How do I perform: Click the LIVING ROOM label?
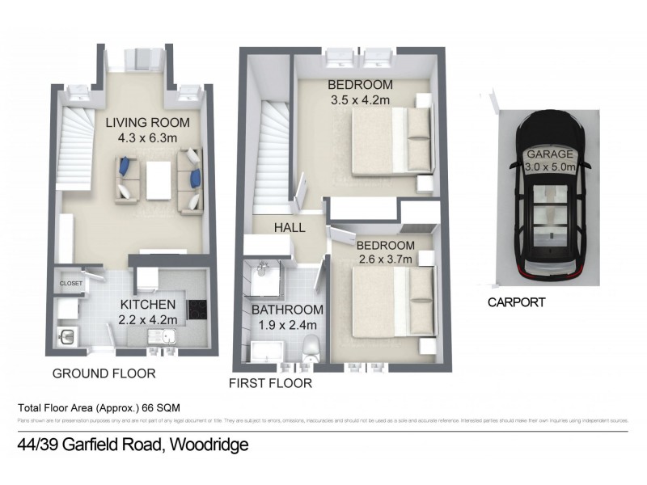[148, 123]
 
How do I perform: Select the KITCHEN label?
[147, 304]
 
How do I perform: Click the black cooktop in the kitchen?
[197, 310]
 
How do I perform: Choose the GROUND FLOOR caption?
[104, 373]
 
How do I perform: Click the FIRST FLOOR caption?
[270, 383]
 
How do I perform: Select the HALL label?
[289, 228]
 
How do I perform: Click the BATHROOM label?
[286, 310]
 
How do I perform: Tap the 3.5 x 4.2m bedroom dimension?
[360, 101]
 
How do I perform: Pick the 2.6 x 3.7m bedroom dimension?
[386, 259]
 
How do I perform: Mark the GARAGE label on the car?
[549, 154]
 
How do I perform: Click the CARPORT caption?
[516, 302]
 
